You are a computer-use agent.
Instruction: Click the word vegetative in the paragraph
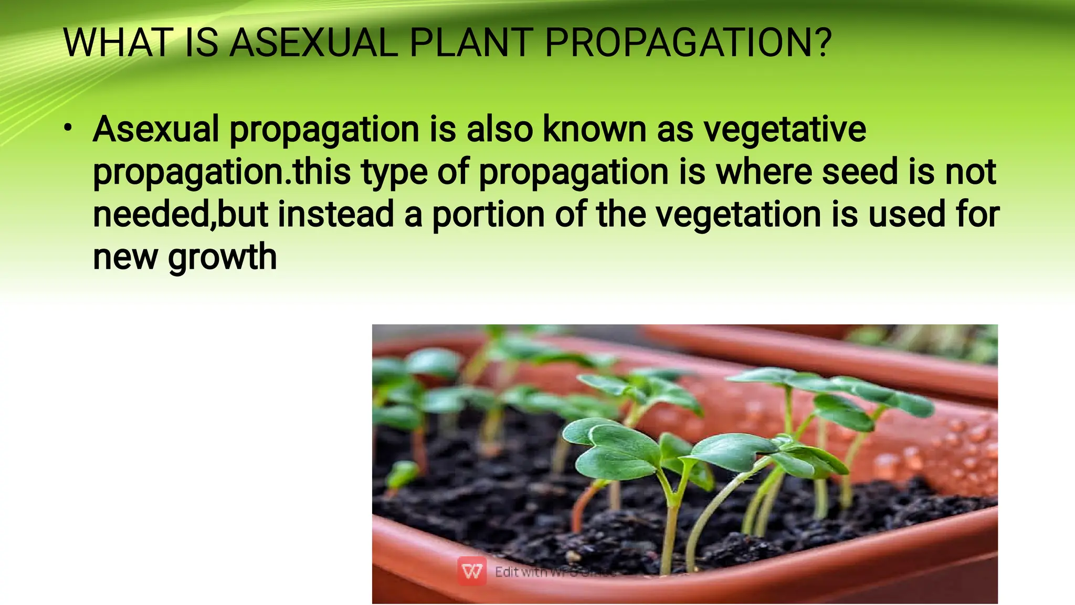click(785, 129)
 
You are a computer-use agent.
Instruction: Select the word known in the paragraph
click(595, 129)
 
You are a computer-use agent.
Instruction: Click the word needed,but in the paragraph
click(181, 215)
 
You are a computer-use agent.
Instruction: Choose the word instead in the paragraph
click(335, 215)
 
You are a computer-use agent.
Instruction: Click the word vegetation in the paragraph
click(739, 216)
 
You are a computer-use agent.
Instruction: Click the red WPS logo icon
click(471, 571)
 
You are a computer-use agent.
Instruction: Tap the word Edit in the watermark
click(507, 571)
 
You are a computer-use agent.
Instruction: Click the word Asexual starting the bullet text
click(156, 129)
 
